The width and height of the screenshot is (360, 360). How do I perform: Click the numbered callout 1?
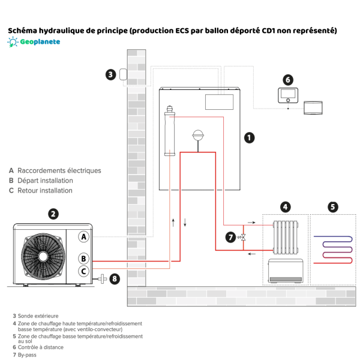click(x=249, y=137)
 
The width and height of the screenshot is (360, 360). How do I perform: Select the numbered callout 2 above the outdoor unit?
click(x=53, y=213)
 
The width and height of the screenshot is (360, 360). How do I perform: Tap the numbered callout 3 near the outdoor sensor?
click(x=110, y=74)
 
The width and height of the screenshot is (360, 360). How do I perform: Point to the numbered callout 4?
click(x=286, y=207)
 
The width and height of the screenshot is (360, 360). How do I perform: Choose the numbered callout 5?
click(x=332, y=207)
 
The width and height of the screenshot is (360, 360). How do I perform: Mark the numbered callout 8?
click(x=115, y=278)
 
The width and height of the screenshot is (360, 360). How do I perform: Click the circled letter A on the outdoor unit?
click(x=85, y=236)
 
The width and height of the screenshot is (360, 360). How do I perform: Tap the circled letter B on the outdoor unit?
click(x=85, y=259)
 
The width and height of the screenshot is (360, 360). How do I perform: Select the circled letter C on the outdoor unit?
click(x=85, y=272)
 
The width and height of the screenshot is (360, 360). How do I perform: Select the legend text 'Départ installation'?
click(x=45, y=181)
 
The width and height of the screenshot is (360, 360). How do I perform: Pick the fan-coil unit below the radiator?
click(x=286, y=269)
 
